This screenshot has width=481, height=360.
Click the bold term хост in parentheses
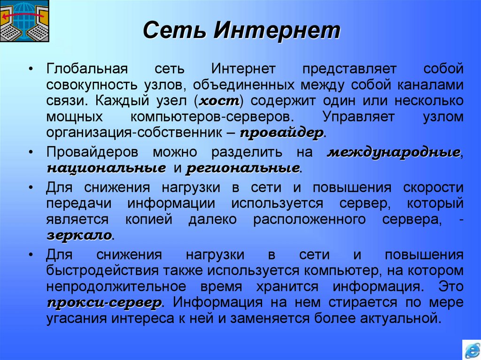click(x=220, y=101)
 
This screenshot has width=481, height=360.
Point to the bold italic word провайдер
click(x=281, y=133)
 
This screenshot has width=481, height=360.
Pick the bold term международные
click(x=393, y=153)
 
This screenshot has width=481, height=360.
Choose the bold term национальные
click(x=106, y=168)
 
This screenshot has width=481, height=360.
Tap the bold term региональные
click(x=243, y=168)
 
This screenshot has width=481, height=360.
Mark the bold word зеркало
click(x=79, y=235)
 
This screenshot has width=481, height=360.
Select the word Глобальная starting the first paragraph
click(x=87, y=69)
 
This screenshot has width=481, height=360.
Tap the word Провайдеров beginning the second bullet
click(x=92, y=153)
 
